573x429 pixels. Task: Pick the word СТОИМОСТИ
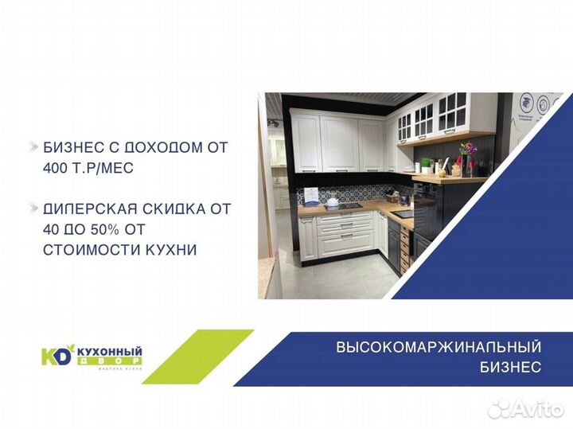click(x=87, y=250)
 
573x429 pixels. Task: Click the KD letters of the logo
click(x=55, y=356)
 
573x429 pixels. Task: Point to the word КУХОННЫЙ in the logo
click(x=108, y=351)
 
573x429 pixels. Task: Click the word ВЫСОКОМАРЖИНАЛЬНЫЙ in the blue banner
click(x=439, y=347)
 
